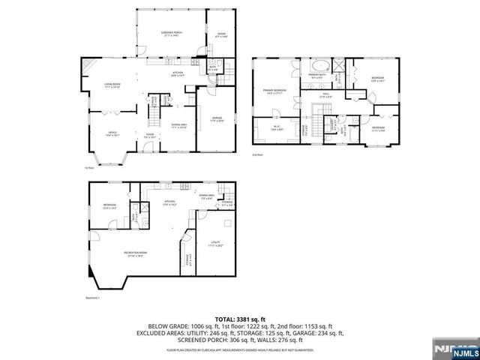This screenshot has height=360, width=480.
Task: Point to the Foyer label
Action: click(x=151, y=136)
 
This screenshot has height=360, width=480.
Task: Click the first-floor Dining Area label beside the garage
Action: click(x=179, y=126)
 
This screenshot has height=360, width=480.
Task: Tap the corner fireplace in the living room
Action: click(x=88, y=65)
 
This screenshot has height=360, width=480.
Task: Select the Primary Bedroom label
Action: click(x=275, y=91)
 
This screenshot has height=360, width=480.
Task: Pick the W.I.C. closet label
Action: click(x=274, y=129)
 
